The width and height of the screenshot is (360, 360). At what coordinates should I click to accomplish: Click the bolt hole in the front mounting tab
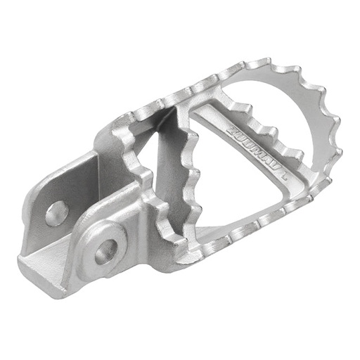(x=106, y=250)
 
